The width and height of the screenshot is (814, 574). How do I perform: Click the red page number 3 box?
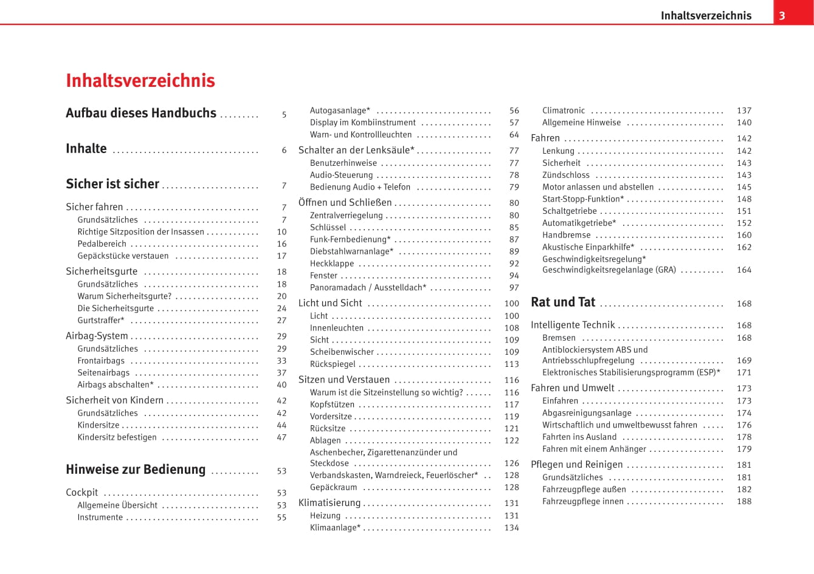pyautogui.click(x=782, y=16)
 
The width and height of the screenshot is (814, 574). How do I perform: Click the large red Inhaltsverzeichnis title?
pyautogui.click(x=140, y=81)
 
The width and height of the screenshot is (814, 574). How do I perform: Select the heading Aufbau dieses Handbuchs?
pyautogui.click(x=141, y=113)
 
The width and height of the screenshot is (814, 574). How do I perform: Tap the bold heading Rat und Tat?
pyautogui.click(x=563, y=302)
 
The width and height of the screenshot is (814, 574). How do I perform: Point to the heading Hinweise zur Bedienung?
pyautogui.click(x=136, y=470)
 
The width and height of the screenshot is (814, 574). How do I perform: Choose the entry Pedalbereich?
pyautogui.click(x=102, y=244)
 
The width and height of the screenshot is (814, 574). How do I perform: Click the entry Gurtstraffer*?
pyautogui.click(x=100, y=320)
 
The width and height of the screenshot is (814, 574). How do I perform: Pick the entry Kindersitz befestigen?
pyautogui.click(x=117, y=437)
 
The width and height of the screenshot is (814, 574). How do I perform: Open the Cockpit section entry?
pyautogui.click(x=81, y=493)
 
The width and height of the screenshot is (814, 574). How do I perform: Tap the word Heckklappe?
pyautogui.click(x=332, y=264)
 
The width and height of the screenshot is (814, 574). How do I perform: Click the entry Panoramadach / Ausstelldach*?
pyautogui.click(x=368, y=288)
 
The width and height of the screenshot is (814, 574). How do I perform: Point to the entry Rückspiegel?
pyautogui.click(x=333, y=364)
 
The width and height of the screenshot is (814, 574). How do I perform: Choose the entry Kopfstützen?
pyautogui.click(x=332, y=405)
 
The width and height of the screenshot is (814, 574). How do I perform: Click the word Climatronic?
pyautogui.click(x=564, y=111)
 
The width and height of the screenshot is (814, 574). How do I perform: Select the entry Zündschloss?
pyautogui.click(x=566, y=175)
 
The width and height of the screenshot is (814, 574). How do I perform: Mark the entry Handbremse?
pyautogui.click(x=567, y=235)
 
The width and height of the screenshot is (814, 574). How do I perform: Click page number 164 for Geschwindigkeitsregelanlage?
pyautogui.click(x=743, y=270)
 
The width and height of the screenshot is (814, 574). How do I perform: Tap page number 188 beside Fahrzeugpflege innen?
pyautogui.click(x=744, y=501)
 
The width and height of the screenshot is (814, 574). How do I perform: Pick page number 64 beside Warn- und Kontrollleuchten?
pyautogui.click(x=514, y=135)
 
